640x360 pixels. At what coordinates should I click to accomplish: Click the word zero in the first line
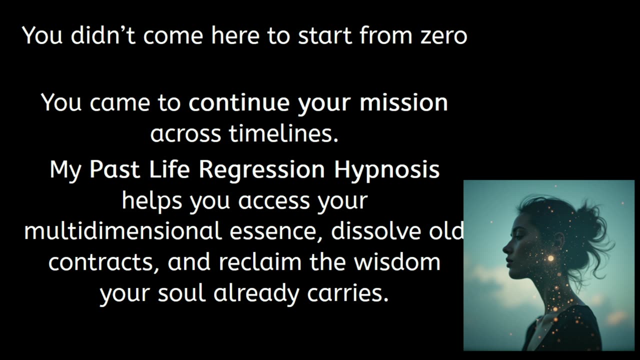click(x=441, y=36)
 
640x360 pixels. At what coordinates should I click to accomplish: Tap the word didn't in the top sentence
click(x=103, y=35)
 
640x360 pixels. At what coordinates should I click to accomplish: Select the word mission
click(x=403, y=103)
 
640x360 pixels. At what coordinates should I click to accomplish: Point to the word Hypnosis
click(x=387, y=170)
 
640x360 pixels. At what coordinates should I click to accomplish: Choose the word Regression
click(x=262, y=170)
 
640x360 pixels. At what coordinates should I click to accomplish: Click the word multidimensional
click(x=122, y=231)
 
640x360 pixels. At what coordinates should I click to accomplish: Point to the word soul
click(x=181, y=293)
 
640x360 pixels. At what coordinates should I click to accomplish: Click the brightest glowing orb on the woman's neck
click(x=551, y=258)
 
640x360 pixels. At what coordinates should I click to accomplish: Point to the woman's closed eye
click(x=515, y=236)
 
